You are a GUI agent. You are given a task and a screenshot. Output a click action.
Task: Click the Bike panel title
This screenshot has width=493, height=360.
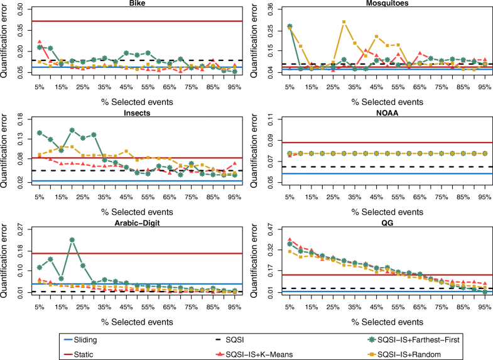click(136, 3)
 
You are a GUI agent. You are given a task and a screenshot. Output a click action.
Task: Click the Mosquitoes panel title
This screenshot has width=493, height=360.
click(387, 3)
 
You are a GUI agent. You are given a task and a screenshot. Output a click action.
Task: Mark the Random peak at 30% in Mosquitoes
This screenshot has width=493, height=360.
click(344, 22)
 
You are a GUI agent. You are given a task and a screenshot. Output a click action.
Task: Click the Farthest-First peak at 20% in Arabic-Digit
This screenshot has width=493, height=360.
click(72, 239)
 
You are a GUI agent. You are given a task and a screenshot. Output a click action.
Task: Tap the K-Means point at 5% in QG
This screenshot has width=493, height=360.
click(290, 239)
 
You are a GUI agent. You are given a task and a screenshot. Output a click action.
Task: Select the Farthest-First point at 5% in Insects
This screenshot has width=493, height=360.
click(40, 133)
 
